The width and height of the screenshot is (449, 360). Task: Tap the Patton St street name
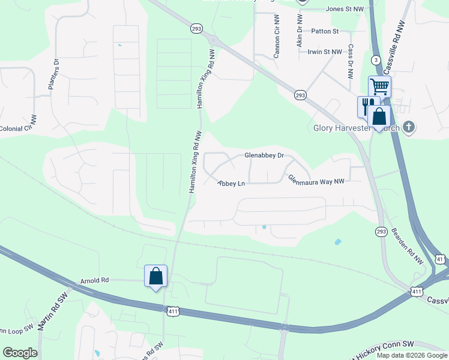click(325, 31)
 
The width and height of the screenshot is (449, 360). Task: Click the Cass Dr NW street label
click(349, 64)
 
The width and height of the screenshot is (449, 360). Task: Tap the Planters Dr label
click(55, 74)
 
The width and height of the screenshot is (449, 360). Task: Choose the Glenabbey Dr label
click(264, 155)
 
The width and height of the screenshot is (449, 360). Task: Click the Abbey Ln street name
click(232, 183)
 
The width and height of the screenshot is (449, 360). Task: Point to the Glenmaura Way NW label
click(316, 180)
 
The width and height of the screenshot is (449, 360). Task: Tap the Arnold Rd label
click(95, 280)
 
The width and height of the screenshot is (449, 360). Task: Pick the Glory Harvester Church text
click(357, 127)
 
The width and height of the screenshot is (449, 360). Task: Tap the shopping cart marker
click(379, 86)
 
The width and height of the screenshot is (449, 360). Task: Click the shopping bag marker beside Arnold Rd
click(155, 276)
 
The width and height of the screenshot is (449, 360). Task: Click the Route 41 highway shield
click(440, 258)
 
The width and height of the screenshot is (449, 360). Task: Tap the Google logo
click(20, 353)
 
